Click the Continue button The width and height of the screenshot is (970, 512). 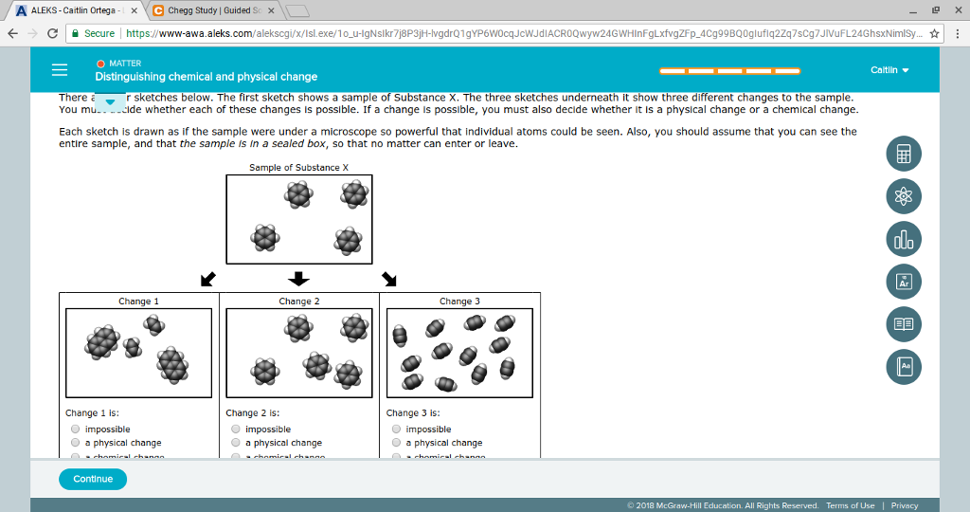coord(93,479)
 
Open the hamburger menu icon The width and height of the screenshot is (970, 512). coord(60,70)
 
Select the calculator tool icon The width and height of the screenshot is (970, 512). coord(903,154)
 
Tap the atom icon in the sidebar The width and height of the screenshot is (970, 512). coord(903,196)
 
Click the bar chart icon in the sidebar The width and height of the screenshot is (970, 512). coord(903,239)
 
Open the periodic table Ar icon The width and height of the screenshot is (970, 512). coord(903,282)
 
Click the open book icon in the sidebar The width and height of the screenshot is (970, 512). coord(903,324)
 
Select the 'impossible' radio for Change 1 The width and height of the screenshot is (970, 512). coord(76,430)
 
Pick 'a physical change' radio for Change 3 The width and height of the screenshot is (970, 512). coord(397,443)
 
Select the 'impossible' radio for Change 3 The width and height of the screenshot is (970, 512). coord(397,430)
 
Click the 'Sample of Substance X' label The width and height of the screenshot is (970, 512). coord(298,168)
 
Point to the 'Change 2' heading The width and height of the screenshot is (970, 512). coord(299,302)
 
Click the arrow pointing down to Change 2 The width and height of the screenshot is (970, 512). coord(298,279)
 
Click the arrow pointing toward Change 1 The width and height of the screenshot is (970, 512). coord(207,280)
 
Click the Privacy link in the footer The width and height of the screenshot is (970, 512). coord(904,505)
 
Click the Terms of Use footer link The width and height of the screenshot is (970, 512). coord(850,505)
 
